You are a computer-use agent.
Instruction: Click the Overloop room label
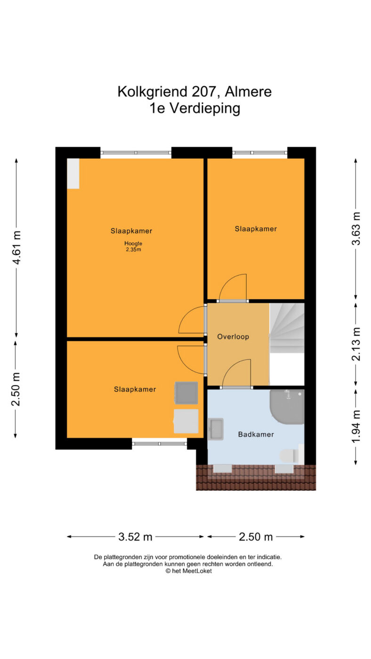[233, 337]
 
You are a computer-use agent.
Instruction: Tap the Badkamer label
[256, 434]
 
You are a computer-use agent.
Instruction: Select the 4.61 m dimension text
[16, 248]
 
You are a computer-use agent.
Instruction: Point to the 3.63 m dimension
[356, 228]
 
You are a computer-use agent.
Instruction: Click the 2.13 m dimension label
[356, 344]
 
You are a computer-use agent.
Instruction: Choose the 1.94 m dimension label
[356, 426]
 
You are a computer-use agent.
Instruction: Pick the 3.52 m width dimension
[135, 537]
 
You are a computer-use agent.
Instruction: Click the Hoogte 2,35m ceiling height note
[133, 247]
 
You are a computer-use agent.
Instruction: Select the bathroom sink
[215, 429]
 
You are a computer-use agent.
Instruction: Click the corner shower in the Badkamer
[287, 407]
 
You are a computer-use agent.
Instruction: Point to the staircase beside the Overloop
[287, 328]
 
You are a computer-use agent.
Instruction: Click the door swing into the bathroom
[236, 373]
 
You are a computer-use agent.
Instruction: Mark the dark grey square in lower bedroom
[186, 393]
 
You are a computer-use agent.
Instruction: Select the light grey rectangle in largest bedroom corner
[73, 174]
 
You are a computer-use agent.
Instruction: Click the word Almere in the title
[248, 91]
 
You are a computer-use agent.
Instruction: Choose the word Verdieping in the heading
[205, 109]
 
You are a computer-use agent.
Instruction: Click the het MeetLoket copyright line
[189, 571]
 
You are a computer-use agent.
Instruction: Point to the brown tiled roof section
[256, 477]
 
